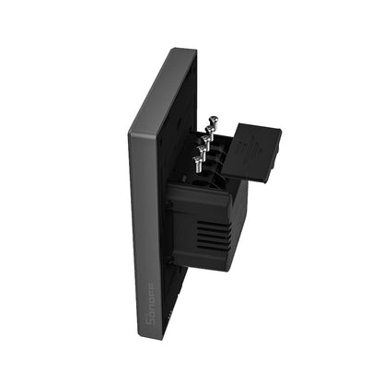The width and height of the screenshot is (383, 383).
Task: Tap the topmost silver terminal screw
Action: pyautogui.click(x=213, y=120)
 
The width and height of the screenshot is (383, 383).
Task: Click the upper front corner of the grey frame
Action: pyautogui.click(x=130, y=133)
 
